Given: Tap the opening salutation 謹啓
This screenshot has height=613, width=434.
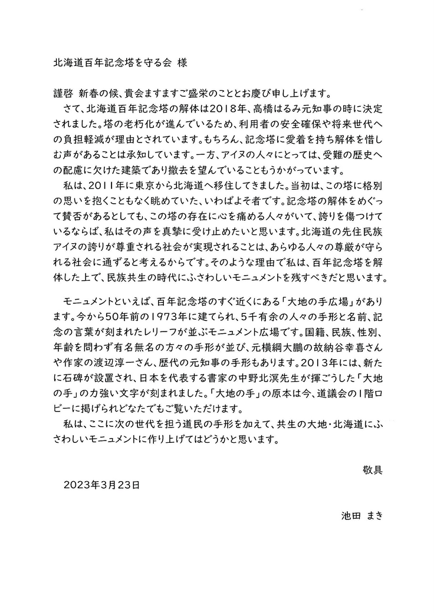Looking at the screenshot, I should coord(63,94).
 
